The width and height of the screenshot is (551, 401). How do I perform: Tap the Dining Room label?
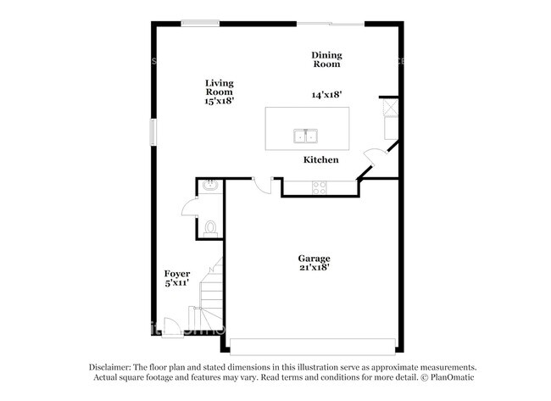[326, 59]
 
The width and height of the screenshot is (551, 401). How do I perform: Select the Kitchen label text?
[321, 159]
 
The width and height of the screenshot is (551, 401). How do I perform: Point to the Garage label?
[314, 258]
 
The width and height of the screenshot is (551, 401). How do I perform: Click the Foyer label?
[176, 274]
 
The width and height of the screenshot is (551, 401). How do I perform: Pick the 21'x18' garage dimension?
[314, 267]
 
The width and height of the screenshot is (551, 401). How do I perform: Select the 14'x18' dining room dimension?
[326, 95]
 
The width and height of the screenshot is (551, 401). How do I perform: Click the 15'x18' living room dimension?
[219, 100]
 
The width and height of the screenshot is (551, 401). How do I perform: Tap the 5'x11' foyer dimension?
[176, 283]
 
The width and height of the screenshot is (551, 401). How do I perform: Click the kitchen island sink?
[305, 136]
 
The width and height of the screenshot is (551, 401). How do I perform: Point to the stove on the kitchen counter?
[320, 187]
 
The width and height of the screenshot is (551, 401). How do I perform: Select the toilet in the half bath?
[211, 227]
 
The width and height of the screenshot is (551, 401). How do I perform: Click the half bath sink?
[210, 187]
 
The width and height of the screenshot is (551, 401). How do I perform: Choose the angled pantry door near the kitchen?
[373, 158]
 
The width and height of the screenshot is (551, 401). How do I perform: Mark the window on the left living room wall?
[153, 132]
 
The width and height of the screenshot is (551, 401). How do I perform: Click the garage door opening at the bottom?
[313, 346]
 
